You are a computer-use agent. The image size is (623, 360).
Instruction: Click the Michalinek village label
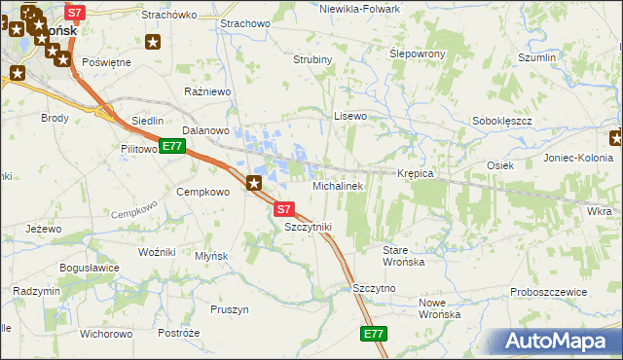[338, 185]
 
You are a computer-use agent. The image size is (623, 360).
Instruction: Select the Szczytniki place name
[309, 227]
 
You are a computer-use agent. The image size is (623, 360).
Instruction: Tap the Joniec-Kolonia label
[578, 158]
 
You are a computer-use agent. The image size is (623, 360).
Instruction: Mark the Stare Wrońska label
[403, 256]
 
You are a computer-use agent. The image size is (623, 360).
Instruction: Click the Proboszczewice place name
[549, 292]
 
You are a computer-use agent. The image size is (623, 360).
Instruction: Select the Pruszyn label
[230, 309]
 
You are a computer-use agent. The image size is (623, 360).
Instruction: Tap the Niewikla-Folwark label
[360, 9]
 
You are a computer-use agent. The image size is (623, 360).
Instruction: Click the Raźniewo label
[206, 91]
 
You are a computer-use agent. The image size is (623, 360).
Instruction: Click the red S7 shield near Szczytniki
[283, 209]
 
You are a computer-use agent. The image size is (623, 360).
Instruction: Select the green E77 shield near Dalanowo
[172, 147]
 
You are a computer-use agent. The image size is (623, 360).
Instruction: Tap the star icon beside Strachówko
[153, 41]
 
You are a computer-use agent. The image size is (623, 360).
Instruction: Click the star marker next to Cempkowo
[255, 182]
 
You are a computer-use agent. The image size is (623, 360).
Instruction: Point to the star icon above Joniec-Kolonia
[615, 137]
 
